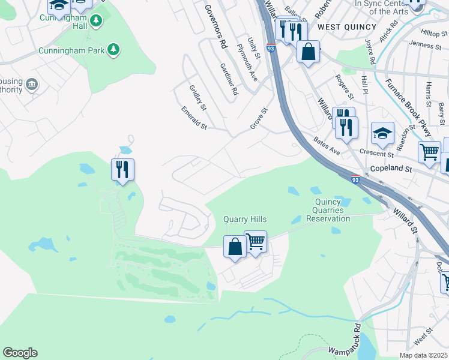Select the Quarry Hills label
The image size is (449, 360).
245,220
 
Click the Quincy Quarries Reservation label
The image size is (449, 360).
328,211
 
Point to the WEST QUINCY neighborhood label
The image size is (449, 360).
347,27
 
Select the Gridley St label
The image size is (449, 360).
197,97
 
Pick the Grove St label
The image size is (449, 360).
258,118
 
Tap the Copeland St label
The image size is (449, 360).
390,170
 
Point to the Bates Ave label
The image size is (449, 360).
327,146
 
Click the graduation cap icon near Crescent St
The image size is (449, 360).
382,134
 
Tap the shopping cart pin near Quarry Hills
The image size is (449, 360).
256,242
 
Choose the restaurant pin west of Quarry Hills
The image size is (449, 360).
122,170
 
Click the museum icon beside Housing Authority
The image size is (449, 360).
32,85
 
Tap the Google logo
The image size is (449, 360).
20,353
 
